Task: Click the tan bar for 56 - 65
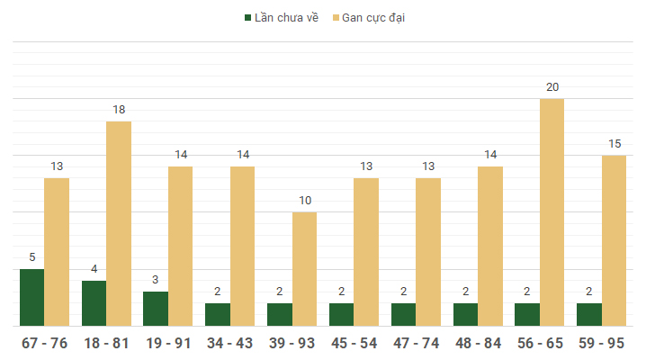552,212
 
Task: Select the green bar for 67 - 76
31,297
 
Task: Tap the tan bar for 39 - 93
304,269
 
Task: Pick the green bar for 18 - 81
94,303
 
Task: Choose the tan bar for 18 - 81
119,223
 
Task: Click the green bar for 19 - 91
156,309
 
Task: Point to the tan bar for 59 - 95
614,240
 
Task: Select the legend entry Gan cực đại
372,17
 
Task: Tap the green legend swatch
247,17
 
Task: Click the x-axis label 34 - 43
229,343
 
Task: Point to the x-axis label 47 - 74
416,343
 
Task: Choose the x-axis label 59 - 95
602,343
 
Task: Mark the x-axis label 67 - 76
44,343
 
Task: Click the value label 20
552,87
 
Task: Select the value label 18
119,110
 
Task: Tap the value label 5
31,257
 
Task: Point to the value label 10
305,201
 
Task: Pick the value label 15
615,144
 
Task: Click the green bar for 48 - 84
465,314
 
